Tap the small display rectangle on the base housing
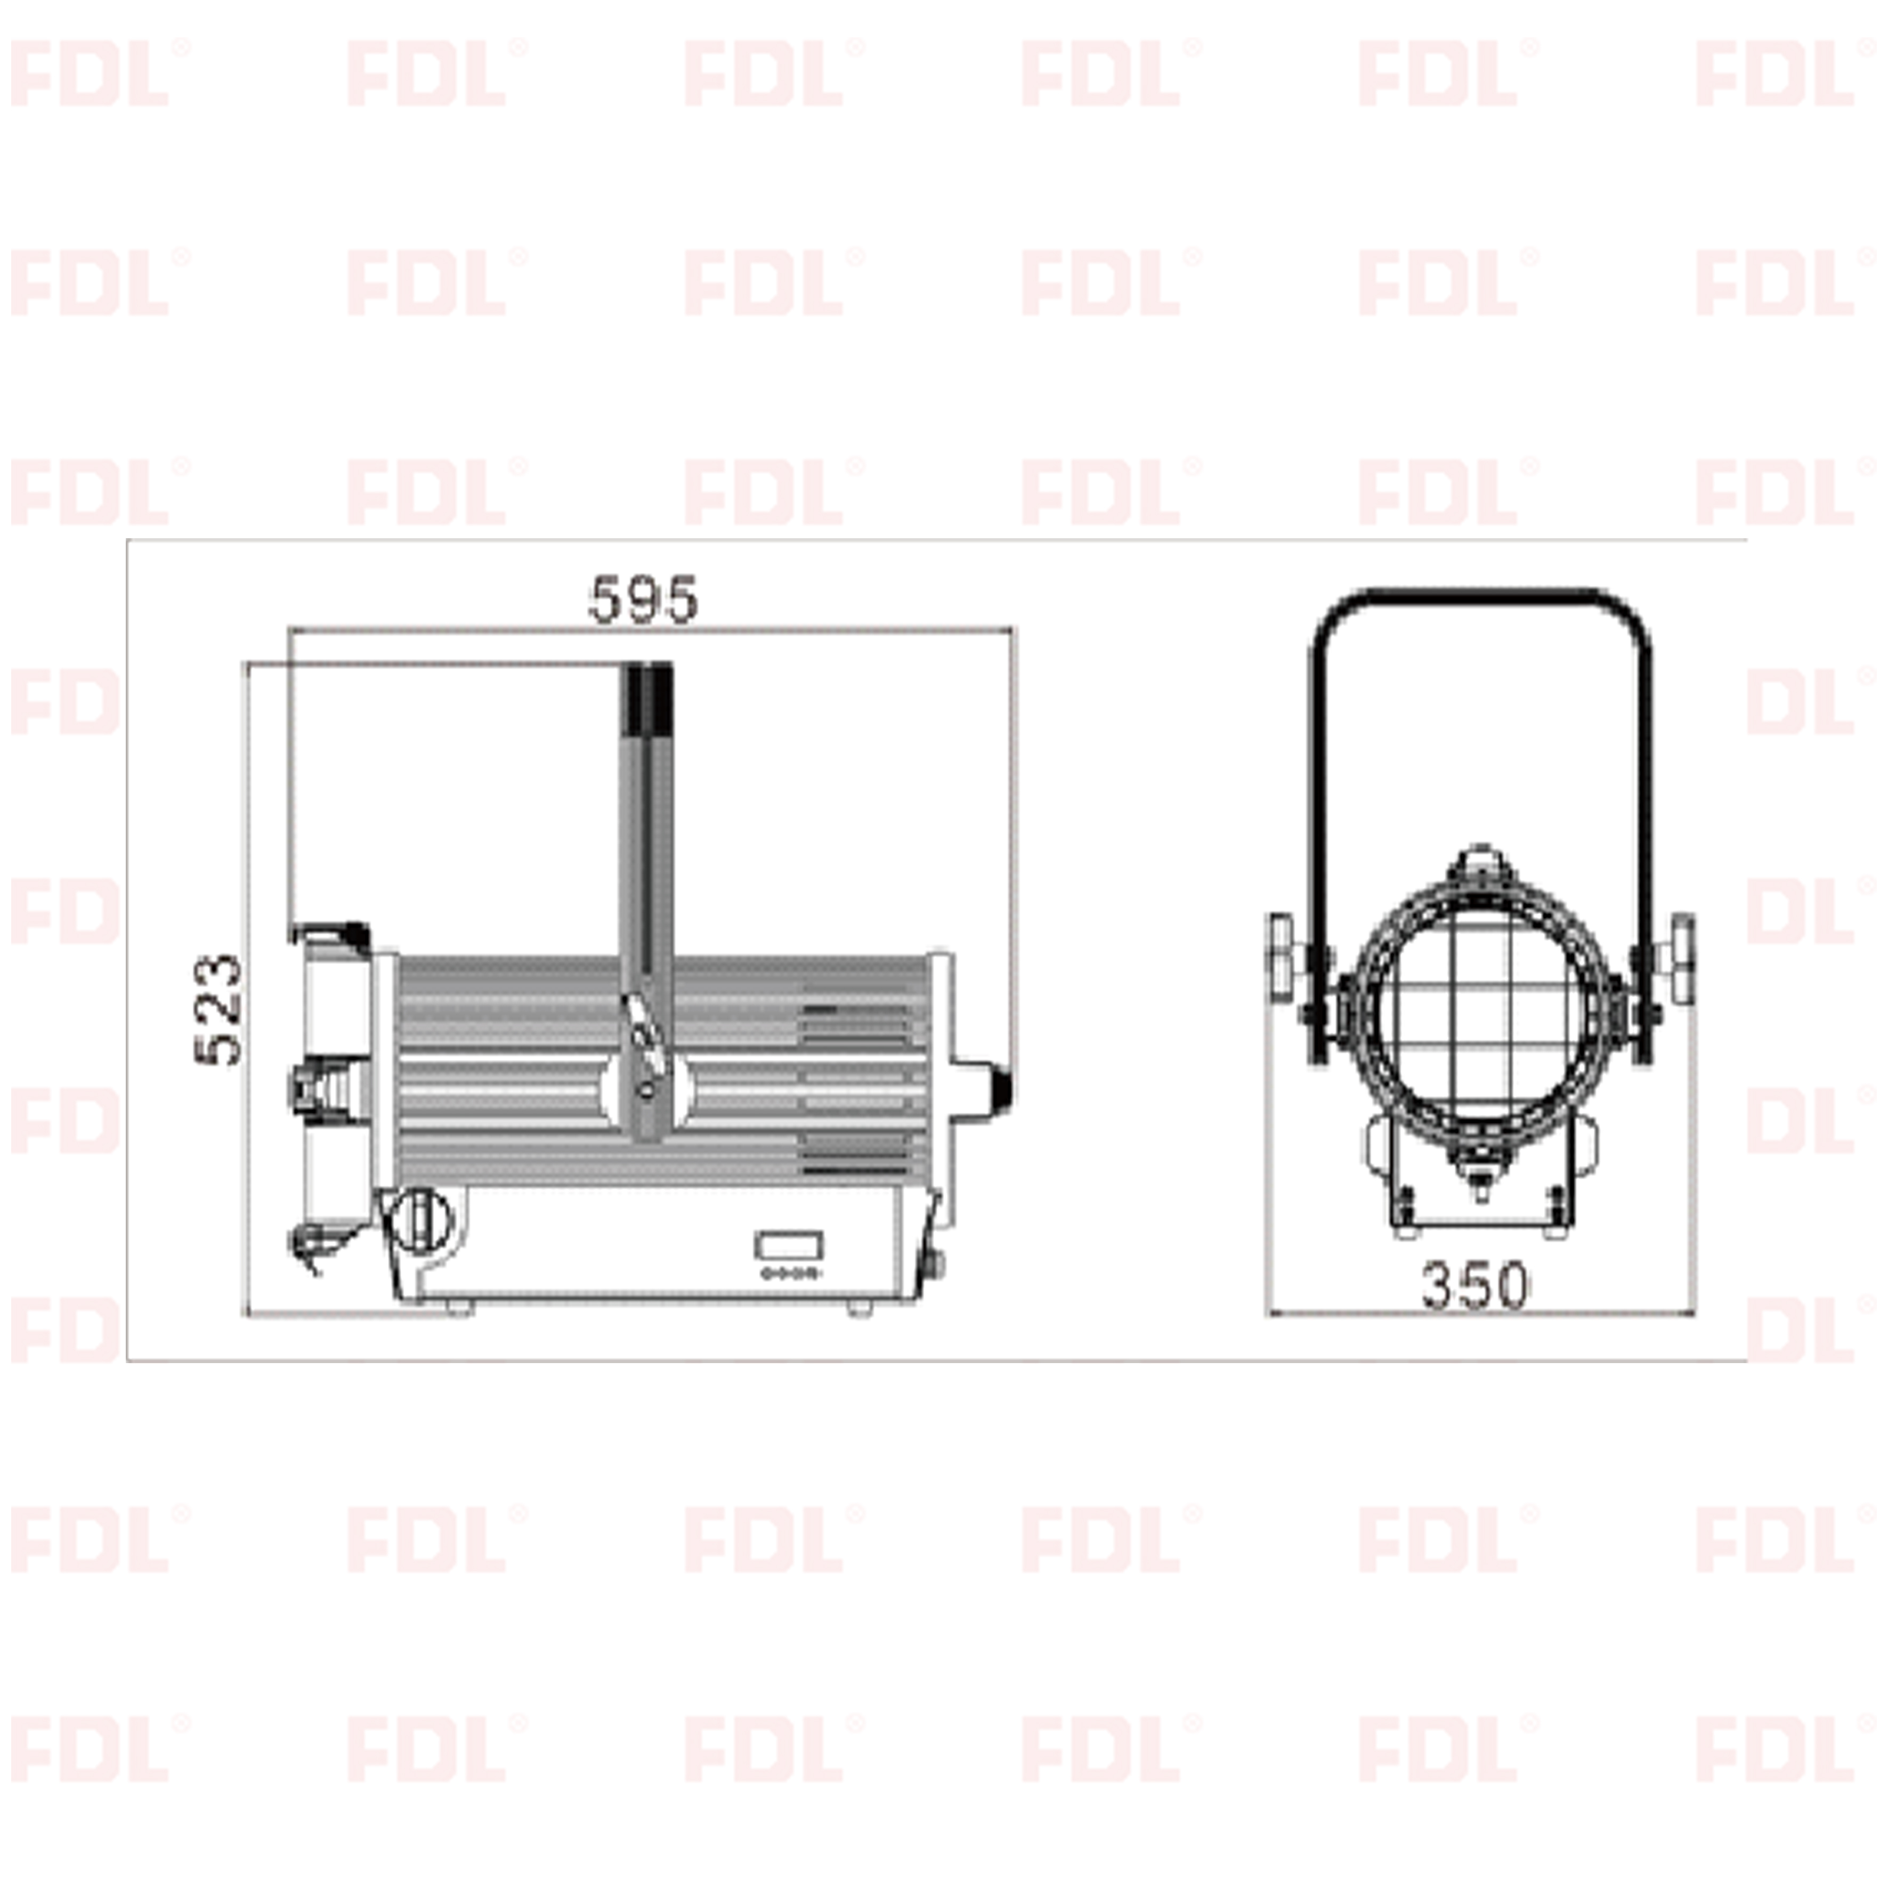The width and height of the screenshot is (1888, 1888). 788,1246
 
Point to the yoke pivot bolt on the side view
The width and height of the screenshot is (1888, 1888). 645,1089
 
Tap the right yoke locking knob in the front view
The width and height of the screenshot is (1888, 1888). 1682,958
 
